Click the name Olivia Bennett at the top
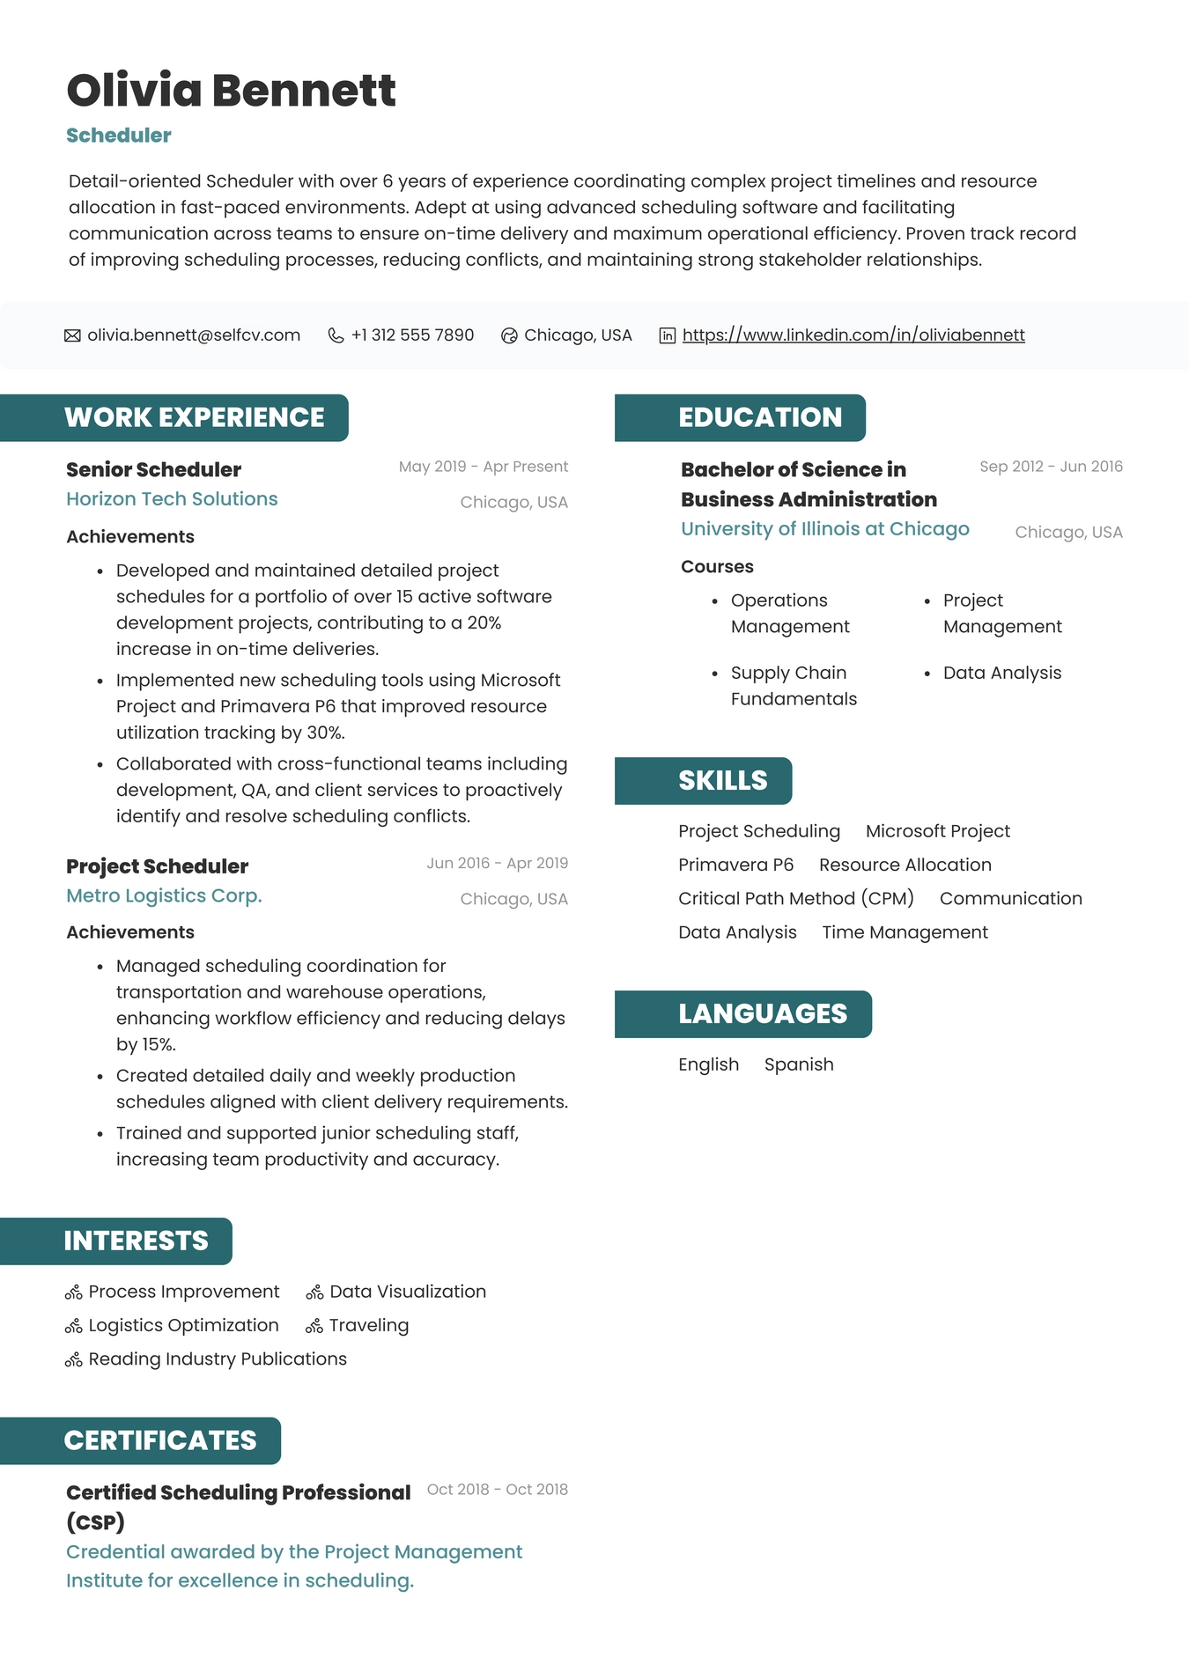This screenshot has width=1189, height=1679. coord(231,91)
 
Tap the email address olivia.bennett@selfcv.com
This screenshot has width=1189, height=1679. coord(194,335)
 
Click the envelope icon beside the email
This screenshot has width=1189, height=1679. coord(72,335)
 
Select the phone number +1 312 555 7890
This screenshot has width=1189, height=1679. coord(412,335)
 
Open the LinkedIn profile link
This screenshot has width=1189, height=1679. coord(853,335)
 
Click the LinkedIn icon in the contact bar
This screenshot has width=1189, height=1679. coord(668,335)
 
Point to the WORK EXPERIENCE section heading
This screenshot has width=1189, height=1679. coord(194,417)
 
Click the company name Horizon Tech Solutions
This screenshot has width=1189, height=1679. coord(172,499)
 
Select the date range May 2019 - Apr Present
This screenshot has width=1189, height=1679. coord(483,467)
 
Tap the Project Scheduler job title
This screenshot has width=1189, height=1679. coord(157,866)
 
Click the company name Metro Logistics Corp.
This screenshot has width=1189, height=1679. coord(164,895)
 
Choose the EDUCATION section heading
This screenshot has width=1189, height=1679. coord(759,417)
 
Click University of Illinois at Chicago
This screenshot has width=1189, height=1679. coord(824,529)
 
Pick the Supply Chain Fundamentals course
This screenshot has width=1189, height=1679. coord(793,686)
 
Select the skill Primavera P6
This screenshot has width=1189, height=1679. coord(735,865)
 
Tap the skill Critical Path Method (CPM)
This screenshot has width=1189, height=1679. coord(795,898)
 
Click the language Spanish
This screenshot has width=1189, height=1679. coord(798,1064)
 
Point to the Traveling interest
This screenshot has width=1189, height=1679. coord(368,1325)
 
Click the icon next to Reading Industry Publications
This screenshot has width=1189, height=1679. coord(74,1360)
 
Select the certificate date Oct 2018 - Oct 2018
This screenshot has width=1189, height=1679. coord(497,1490)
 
